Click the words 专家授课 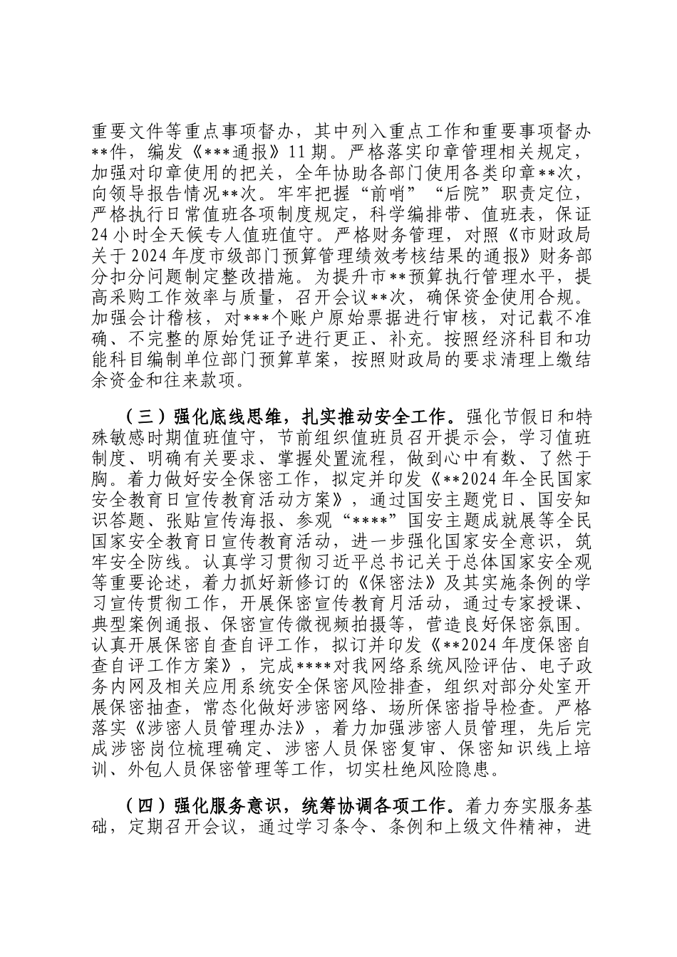click(x=541, y=603)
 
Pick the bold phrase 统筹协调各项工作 click(x=377, y=807)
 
